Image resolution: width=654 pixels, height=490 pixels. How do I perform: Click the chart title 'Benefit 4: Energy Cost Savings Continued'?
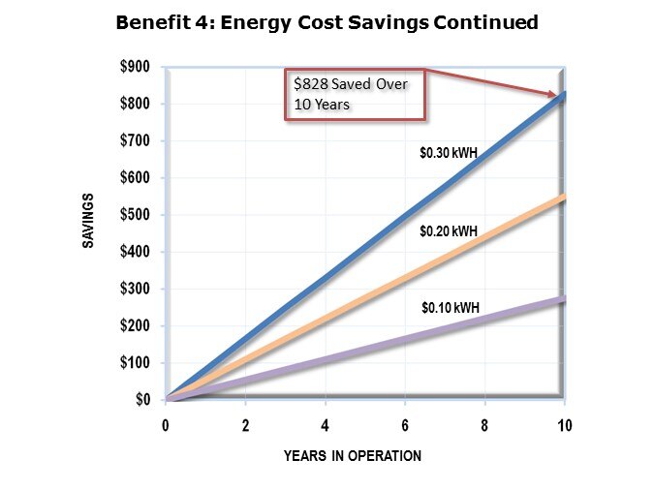pos(327,22)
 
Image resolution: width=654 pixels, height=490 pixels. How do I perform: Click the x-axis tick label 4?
pos(326,425)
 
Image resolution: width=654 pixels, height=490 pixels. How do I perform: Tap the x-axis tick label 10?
pos(564,425)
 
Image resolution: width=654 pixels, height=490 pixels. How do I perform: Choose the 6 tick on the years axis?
pos(405,425)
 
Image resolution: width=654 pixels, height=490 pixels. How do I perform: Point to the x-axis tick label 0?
pos(166,425)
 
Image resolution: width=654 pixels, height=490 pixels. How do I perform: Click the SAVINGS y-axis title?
pos(87,222)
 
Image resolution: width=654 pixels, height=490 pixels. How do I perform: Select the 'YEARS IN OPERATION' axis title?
pos(353,456)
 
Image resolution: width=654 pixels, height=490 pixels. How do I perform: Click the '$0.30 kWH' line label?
pos(450,152)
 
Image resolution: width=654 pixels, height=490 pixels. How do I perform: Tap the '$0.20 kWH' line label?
pos(449,232)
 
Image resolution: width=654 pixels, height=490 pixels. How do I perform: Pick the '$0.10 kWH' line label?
pos(451,309)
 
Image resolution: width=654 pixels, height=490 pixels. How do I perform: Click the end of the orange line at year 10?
pos(563,198)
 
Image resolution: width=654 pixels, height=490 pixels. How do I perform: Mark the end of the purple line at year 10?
pos(563,299)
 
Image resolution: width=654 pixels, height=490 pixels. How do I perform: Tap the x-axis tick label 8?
pos(484,425)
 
